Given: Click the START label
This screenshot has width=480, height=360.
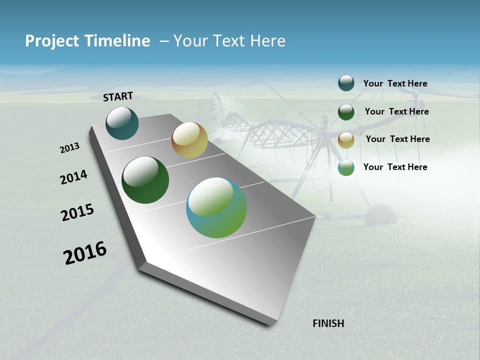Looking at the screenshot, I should pyautogui.click(x=118, y=96).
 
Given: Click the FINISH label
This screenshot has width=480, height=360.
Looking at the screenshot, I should pyautogui.click(x=328, y=323).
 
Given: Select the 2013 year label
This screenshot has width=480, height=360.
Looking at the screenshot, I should pyautogui.click(x=69, y=148).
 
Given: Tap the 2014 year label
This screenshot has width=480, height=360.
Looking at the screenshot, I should pyautogui.click(x=73, y=177).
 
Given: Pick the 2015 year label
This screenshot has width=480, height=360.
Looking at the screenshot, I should pyautogui.click(x=77, y=212).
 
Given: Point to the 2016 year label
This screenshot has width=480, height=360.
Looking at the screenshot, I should pyautogui.click(x=85, y=253).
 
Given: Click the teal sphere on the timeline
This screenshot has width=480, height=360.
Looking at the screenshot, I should pyautogui.click(x=122, y=123).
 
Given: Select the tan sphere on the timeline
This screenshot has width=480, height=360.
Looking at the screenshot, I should pyautogui.click(x=189, y=140).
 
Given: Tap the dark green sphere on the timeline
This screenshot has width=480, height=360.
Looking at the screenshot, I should pyautogui.click(x=145, y=180).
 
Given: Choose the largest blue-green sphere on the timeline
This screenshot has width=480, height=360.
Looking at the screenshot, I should pyautogui.click(x=216, y=207).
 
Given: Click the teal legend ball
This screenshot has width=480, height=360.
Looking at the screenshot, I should pyautogui.click(x=346, y=83).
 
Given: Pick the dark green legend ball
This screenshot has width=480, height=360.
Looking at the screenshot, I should pyautogui.click(x=346, y=111).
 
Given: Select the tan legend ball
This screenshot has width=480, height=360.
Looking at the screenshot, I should pyautogui.click(x=346, y=139).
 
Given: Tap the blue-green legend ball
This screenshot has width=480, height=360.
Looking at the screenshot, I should pyautogui.click(x=346, y=167).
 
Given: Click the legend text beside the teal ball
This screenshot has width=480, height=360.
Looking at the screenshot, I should pyautogui.click(x=395, y=83).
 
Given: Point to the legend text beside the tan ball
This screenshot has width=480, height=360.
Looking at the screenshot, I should pyautogui.click(x=397, y=139).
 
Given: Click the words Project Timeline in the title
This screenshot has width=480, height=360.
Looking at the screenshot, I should pyautogui.click(x=87, y=41).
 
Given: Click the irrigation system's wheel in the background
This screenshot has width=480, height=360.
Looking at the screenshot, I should pyautogui.click(x=381, y=215).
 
